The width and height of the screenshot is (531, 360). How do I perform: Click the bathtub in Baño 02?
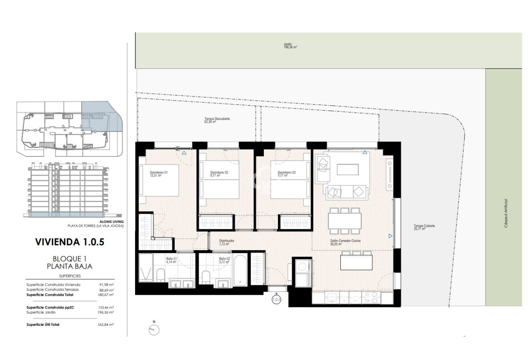tap(240, 269)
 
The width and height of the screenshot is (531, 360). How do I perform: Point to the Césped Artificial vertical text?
tap(506, 214)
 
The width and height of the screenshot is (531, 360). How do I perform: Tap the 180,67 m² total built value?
tap(106, 295)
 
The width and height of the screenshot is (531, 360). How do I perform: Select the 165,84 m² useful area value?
tap(106, 325)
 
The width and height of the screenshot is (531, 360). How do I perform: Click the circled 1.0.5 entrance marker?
tap(276, 300)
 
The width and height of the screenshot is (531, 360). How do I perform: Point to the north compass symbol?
tap(154, 330)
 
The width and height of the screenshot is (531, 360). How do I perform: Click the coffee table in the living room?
tap(348, 169)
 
